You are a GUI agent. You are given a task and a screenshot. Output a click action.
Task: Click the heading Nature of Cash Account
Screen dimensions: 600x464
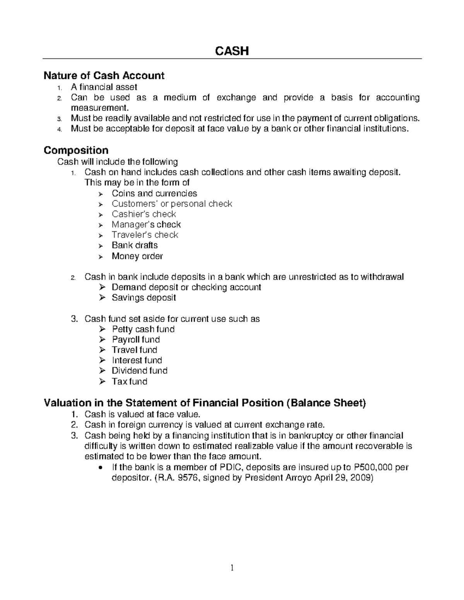104,75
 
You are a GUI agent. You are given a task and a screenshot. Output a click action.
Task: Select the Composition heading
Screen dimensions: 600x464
76,150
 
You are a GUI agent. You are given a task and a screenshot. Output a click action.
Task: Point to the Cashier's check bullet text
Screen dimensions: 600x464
144,214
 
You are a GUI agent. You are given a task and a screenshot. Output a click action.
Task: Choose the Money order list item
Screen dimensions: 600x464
137,256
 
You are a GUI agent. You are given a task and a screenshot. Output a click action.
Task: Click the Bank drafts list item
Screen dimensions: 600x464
135,245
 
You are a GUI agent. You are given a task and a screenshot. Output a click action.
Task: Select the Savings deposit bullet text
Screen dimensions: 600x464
144,297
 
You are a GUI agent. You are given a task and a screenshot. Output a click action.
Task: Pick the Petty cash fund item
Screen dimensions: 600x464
143,329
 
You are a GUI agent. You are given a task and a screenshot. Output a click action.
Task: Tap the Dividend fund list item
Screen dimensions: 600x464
140,371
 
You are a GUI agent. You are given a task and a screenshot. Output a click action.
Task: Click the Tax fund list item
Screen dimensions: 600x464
130,382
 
